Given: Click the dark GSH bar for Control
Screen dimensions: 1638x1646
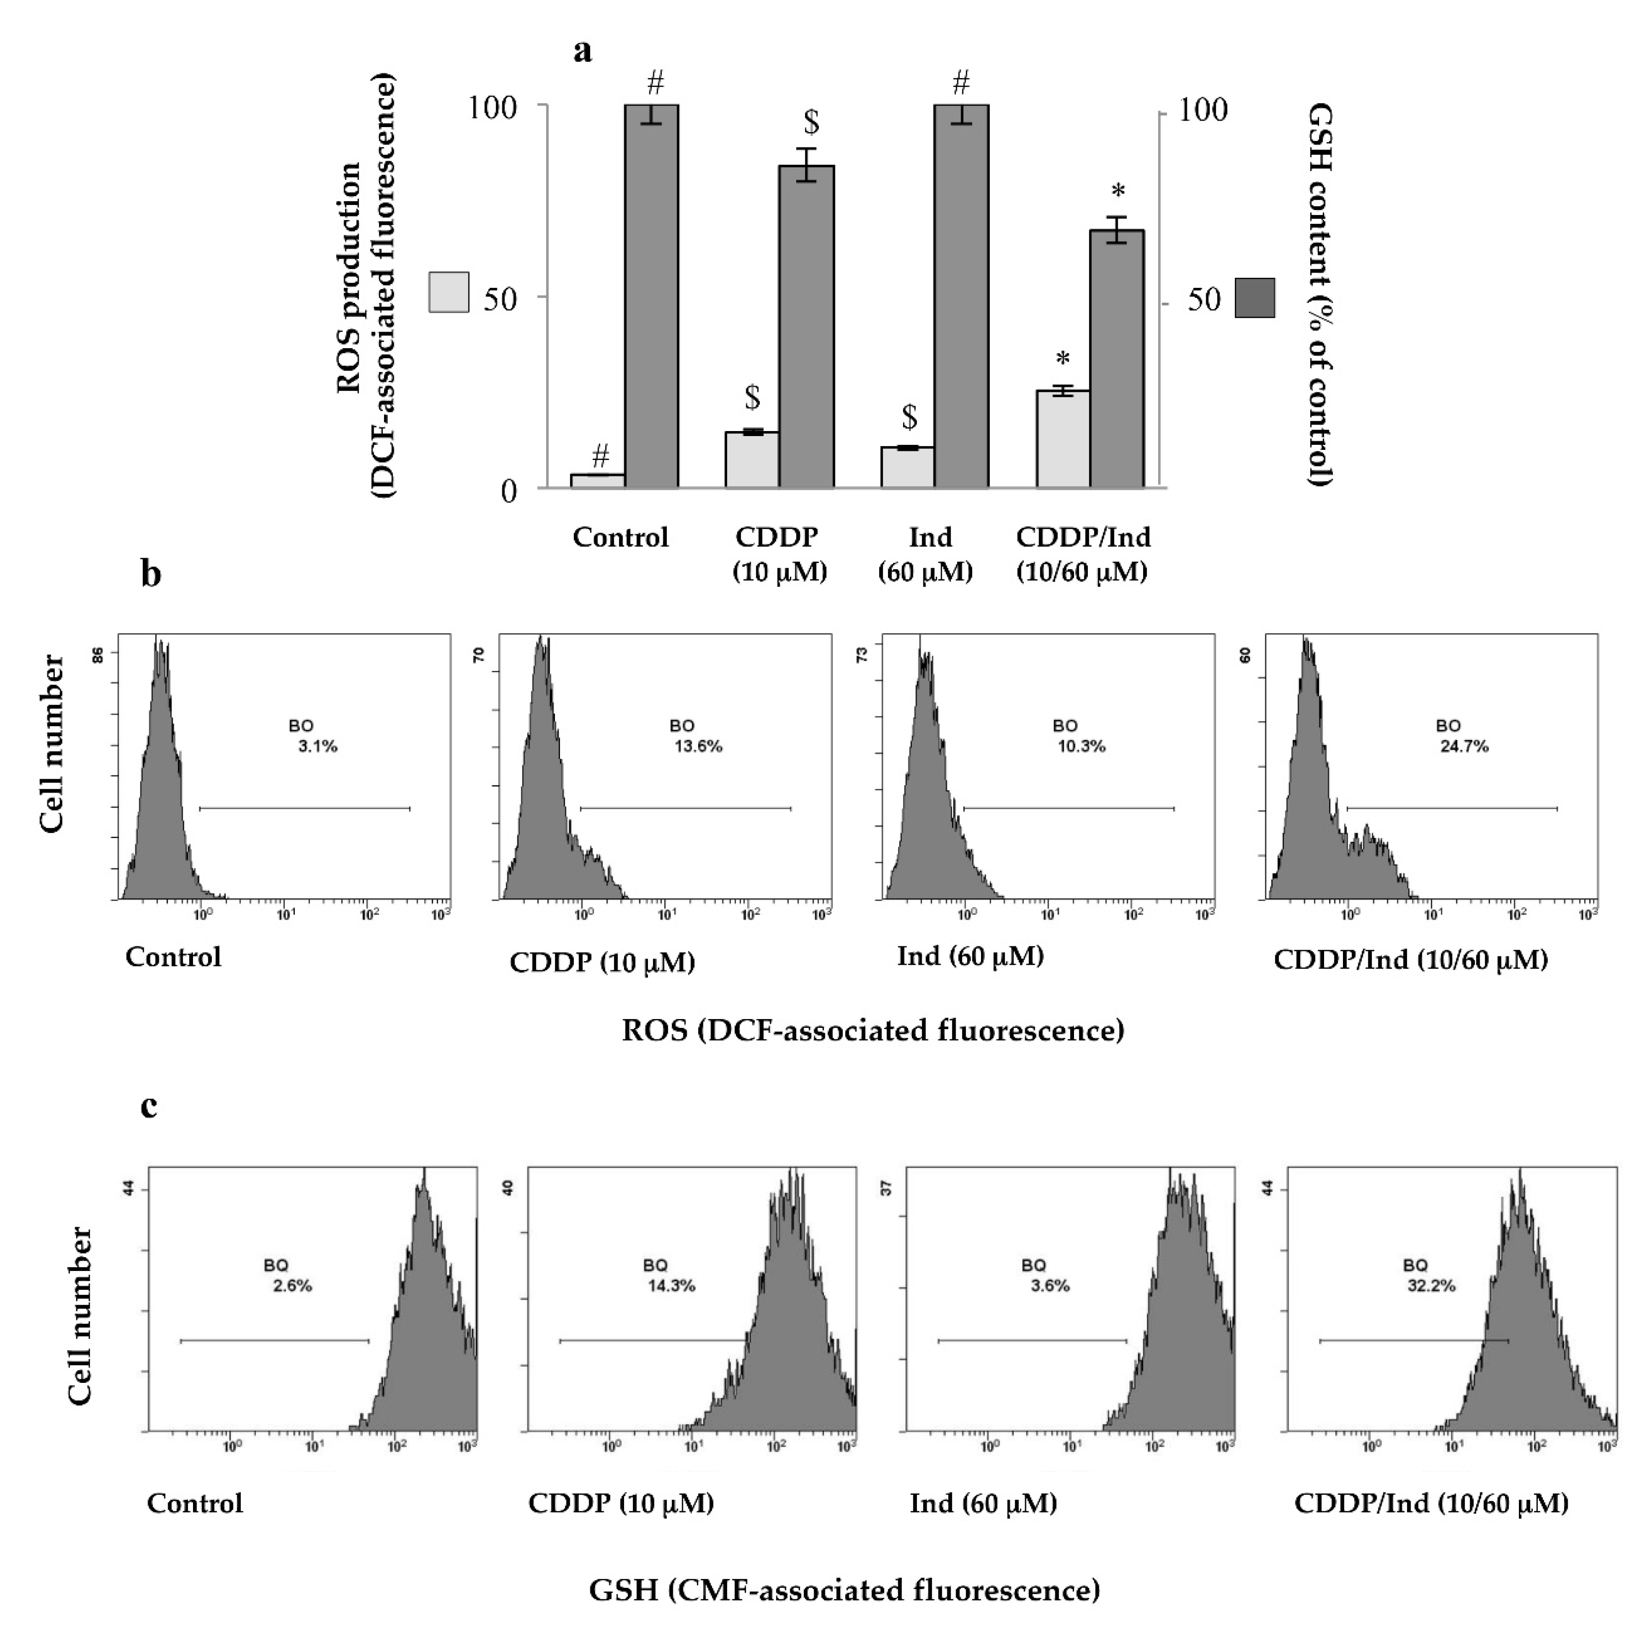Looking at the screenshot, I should [652, 298].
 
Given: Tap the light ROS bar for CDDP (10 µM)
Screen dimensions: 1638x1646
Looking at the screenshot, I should [752, 460].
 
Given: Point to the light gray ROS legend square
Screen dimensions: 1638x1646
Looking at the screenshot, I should [449, 292].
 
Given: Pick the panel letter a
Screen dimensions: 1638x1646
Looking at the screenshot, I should [583, 51].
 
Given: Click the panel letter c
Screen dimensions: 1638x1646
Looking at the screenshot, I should [149, 1107].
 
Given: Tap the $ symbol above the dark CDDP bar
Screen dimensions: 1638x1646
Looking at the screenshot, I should [812, 122].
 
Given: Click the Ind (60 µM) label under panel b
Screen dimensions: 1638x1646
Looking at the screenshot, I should [970, 956].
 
